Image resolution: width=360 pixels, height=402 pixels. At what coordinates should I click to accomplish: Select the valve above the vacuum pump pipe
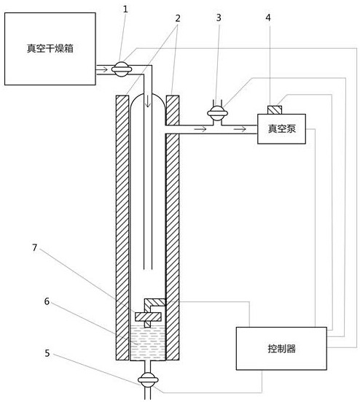click(x=216, y=113)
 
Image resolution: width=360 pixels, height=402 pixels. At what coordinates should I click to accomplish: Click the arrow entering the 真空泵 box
click(x=238, y=129)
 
